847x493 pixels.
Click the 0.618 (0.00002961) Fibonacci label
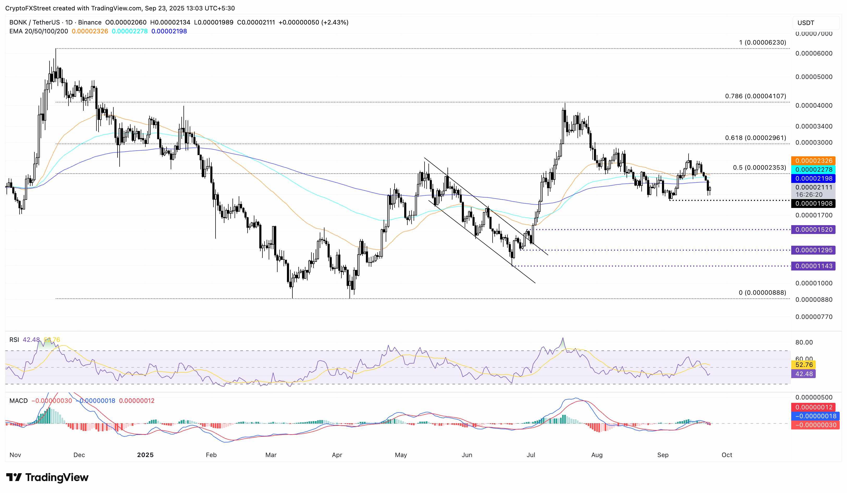pyautogui.click(x=755, y=138)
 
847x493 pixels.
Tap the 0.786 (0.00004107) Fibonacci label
pyautogui.click(x=755, y=96)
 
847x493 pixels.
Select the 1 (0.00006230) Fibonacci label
pyautogui.click(x=762, y=42)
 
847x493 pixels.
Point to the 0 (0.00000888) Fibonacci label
pyautogui.click(x=762, y=293)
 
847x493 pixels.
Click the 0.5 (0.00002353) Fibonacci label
pyautogui.click(x=759, y=167)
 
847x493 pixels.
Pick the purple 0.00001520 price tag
pyautogui.click(x=814, y=230)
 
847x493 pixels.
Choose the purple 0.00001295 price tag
pyautogui.click(x=814, y=250)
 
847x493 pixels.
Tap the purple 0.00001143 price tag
pyautogui.click(x=814, y=266)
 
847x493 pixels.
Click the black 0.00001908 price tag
pyautogui.click(x=814, y=203)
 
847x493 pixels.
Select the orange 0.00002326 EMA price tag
pyautogui.click(x=814, y=161)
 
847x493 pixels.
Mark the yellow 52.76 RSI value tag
pyautogui.click(x=804, y=365)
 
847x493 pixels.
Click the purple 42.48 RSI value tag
pyautogui.click(x=804, y=374)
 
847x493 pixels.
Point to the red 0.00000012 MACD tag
pyautogui.click(x=814, y=407)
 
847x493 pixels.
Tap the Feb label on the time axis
pyautogui.click(x=211, y=455)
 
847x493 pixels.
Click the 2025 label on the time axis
pyautogui.click(x=145, y=455)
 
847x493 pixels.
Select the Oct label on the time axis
pyautogui.click(x=727, y=455)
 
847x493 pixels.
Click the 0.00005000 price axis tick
pyautogui.click(x=814, y=77)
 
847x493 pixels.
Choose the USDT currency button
pyautogui.click(x=806, y=23)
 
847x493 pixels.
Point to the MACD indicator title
pyautogui.click(x=19, y=400)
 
